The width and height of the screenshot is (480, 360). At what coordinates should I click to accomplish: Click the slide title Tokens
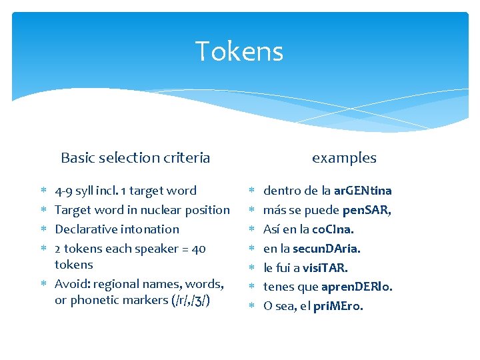(239, 51)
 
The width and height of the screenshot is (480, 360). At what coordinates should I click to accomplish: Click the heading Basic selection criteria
(135, 158)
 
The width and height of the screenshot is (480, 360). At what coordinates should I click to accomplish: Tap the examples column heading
(344, 158)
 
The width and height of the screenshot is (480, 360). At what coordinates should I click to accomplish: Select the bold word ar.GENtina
(363, 191)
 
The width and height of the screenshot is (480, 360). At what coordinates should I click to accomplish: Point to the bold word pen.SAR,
(367, 210)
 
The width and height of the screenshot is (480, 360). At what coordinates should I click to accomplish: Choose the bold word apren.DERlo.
(357, 287)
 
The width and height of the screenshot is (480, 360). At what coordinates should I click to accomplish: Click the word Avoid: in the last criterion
(71, 284)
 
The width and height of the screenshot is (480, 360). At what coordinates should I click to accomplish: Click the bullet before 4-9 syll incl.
(42, 191)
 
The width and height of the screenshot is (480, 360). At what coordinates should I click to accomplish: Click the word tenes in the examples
(279, 287)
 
